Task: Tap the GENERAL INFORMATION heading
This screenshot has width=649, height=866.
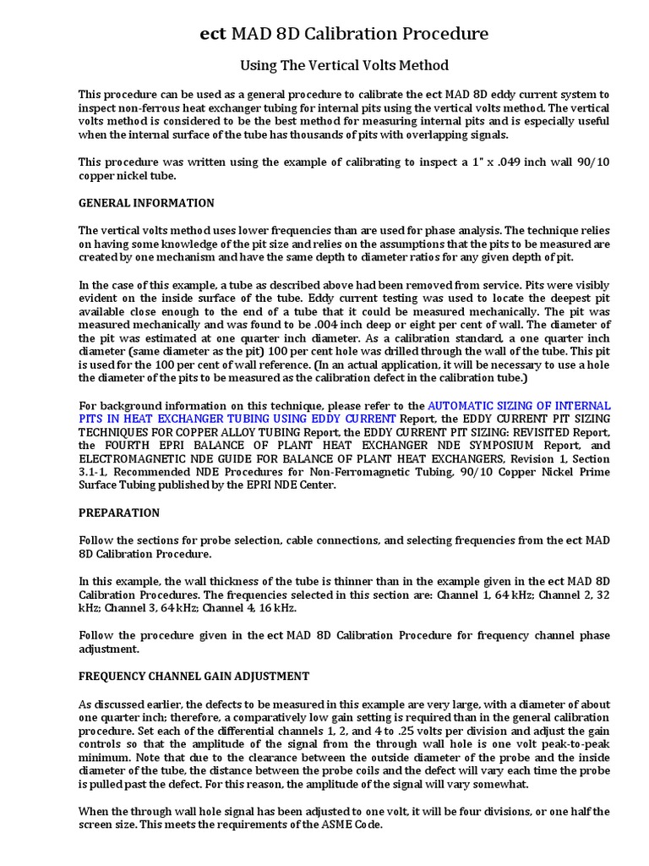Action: tap(146, 203)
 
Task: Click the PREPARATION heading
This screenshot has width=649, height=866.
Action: tap(119, 512)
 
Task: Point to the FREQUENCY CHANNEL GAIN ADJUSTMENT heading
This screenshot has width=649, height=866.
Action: tap(194, 676)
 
